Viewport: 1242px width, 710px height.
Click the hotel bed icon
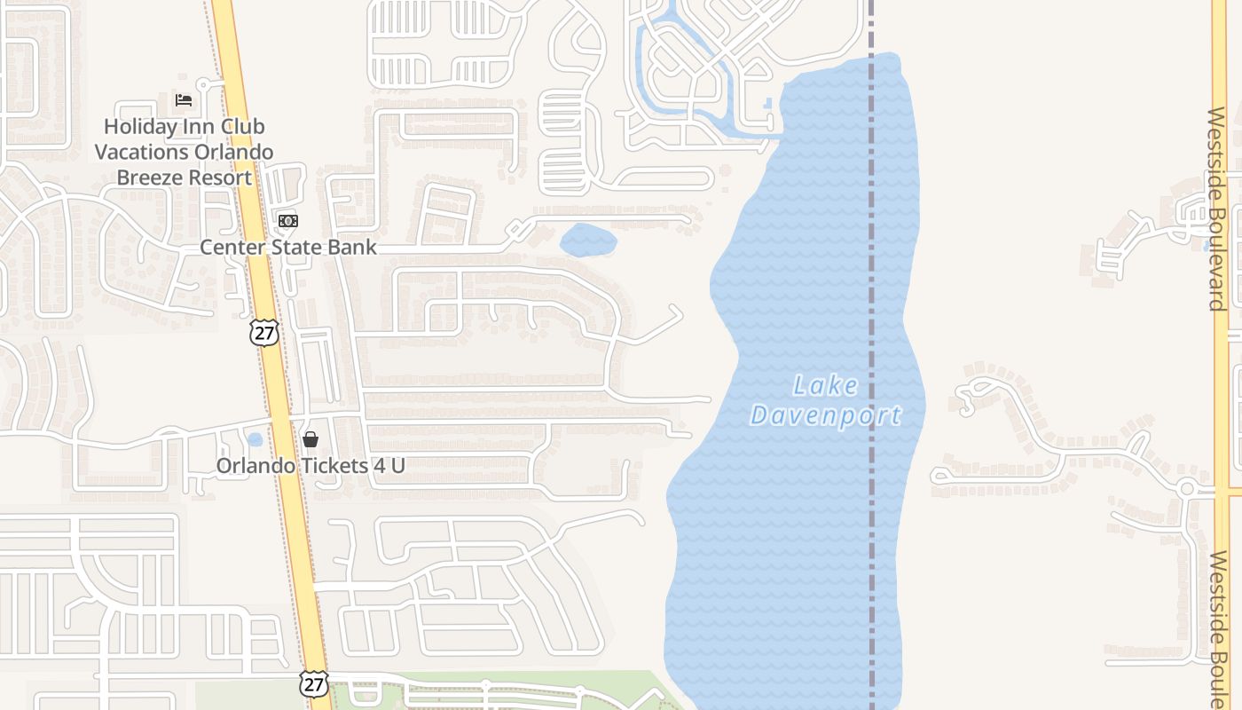184,99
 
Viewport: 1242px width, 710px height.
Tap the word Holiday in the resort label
141,127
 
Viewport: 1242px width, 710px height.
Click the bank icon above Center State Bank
287,220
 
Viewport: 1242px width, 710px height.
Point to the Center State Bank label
288,247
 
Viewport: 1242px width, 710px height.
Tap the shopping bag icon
310,438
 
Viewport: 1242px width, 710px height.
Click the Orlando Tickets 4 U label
310,465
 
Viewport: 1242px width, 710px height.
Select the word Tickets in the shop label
329,465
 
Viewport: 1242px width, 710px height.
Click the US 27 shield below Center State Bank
264,333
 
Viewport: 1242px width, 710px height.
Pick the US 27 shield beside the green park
312,683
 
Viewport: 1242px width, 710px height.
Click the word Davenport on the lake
825,414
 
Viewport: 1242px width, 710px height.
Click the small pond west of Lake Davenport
587,240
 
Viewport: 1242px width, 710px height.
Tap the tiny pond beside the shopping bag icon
255,439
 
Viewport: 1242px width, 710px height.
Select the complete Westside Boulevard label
1216,209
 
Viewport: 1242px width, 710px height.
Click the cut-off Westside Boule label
1217,629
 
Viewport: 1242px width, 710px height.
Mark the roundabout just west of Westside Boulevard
1187,488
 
